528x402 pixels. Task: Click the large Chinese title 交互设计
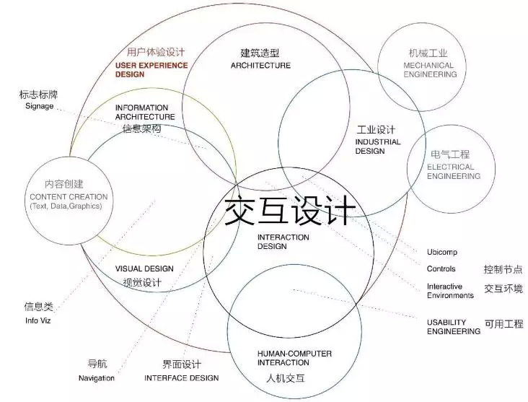(289, 209)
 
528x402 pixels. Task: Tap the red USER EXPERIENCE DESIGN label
(151, 70)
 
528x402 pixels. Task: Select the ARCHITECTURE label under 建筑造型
(260, 66)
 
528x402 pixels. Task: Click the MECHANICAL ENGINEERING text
(428, 70)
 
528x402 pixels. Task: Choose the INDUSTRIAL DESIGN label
(375, 147)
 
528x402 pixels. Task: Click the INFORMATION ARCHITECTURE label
(145, 112)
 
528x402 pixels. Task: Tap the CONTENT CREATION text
(69, 197)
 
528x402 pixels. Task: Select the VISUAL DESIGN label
(144, 269)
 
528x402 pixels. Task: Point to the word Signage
(38, 106)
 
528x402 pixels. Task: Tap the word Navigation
(97, 378)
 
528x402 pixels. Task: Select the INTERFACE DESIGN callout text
(181, 377)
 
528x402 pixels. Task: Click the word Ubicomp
(441, 253)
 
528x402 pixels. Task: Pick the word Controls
(441, 269)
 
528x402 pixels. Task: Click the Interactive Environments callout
(450, 291)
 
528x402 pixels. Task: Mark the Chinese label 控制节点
(503, 269)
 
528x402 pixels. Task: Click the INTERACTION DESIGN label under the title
(283, 242)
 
